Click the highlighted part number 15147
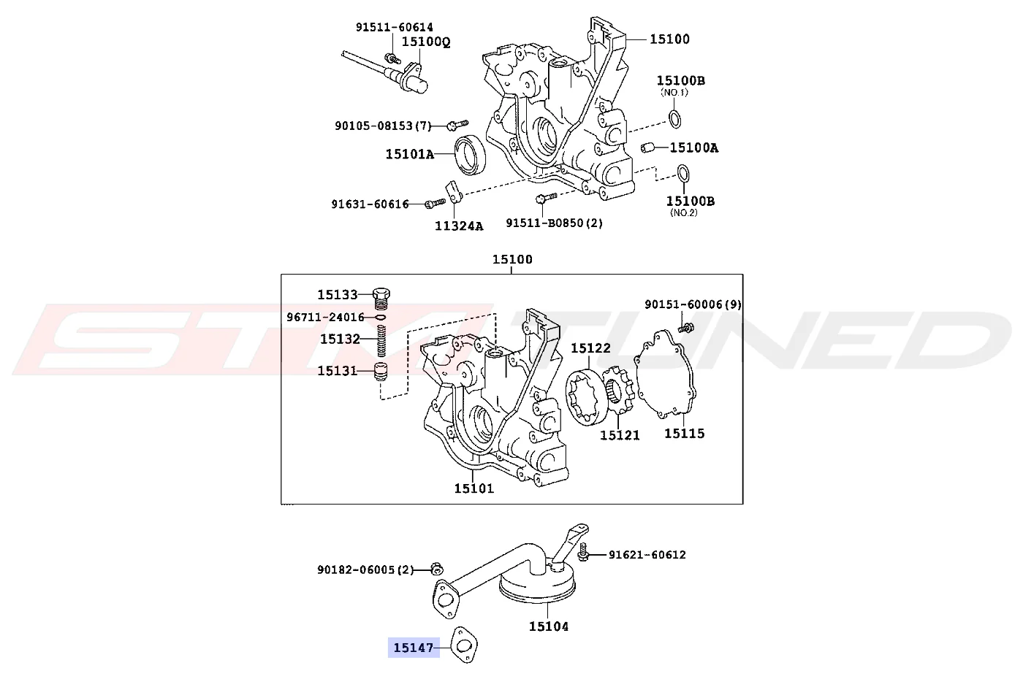tap(414, 648)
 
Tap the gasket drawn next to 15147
tap(463, 637)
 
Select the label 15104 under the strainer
tap(549, 626)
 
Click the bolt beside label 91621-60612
tap(583, 552)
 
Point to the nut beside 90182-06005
tap(437, 569)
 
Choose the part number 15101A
tap(410, 154)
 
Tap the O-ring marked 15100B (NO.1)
tap(675, 118)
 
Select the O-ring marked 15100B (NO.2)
tap(682, 174)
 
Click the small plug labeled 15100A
tap(647, 147)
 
